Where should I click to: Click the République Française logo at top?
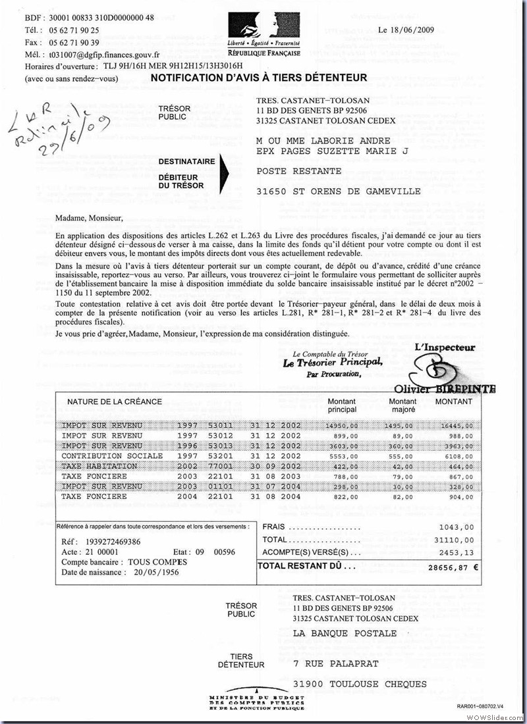pos(264,36)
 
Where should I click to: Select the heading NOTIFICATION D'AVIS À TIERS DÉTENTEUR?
pos(259,78)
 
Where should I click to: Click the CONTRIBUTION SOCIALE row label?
pos(111,455)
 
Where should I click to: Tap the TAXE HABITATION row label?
pos(99,466)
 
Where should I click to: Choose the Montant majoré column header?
pos(402,405)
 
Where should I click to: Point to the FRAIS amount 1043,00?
pos(456,527)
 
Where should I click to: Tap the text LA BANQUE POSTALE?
pos(345,633)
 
